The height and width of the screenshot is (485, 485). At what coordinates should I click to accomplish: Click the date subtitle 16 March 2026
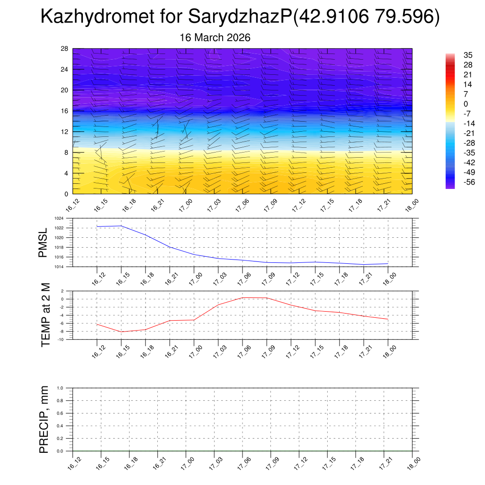coord(215,37)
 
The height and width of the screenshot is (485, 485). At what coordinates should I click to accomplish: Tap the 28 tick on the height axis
coord(65,49)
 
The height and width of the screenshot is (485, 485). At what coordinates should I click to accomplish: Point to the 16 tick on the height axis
coord(65,111)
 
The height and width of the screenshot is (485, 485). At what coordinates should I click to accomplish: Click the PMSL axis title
coord(43,242)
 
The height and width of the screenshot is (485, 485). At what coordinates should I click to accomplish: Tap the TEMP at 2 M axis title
coord(45,315)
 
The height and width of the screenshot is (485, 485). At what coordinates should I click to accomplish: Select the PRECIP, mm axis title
coord(44,419)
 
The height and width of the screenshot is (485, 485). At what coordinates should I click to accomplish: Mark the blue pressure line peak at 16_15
coord(121,226)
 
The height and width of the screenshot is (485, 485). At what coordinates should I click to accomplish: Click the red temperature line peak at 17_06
coord(242,297)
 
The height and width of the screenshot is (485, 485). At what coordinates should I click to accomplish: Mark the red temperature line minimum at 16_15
coord(121,332)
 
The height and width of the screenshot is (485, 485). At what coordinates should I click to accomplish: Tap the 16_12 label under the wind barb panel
coord(72,207)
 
